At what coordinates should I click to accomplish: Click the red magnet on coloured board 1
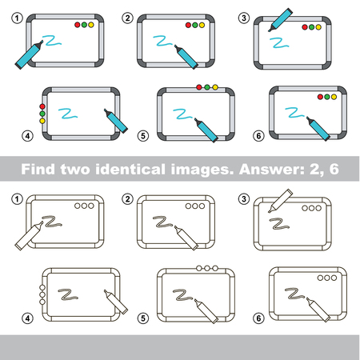click(x=78, y=25)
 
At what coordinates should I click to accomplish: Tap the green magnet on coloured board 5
click(x=207, y=87)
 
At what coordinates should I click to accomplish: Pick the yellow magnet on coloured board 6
click(x=336, y=98)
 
